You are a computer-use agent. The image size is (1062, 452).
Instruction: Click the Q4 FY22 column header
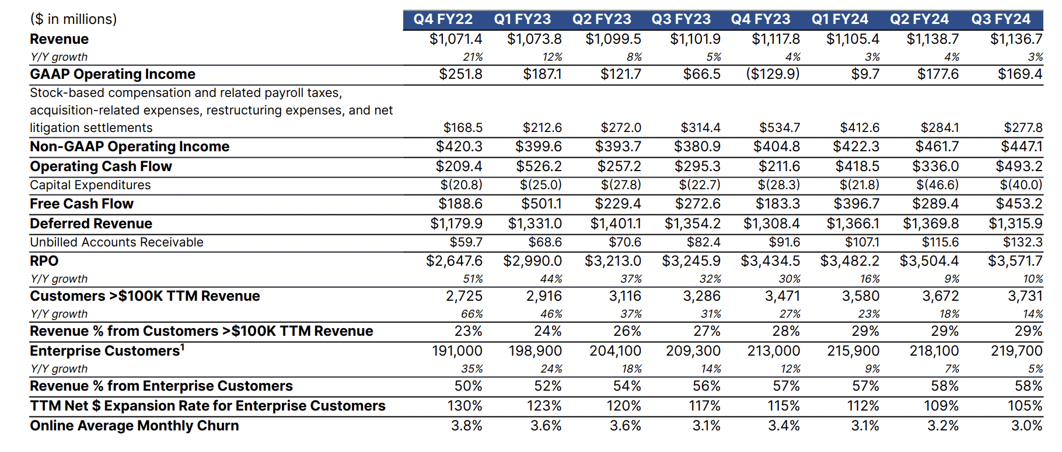point(443,19)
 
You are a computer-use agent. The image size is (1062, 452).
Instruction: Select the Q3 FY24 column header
point(1001,19)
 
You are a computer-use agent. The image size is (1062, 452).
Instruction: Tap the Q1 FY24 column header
point(840,19)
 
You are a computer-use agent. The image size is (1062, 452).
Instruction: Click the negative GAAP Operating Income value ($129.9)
point(773,74)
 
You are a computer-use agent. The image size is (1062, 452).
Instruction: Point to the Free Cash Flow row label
point(82,204)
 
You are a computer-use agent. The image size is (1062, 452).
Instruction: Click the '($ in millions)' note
point(74,19)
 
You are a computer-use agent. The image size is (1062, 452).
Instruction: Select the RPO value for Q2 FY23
point(613,261)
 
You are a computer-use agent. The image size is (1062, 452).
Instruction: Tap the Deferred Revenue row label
point(91,224)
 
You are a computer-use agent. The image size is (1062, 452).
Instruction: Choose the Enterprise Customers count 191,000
point(457,351)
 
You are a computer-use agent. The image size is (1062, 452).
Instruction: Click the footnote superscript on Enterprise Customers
point(183,347)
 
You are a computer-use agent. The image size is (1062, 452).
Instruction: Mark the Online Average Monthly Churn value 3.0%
point(1026,426)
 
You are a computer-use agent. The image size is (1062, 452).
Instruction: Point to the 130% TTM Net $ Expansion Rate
point(464,406)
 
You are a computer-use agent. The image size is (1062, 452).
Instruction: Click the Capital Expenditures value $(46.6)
point(937,185)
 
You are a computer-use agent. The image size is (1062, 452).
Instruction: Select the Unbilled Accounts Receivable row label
point(117,242)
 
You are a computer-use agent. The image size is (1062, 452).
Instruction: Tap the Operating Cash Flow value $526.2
point(539,166)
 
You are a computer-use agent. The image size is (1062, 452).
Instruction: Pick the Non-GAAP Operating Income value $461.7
point(936,147)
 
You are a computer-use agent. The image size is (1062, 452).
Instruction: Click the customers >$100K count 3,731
point(1025,296)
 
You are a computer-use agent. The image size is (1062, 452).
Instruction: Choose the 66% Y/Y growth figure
point(472,314)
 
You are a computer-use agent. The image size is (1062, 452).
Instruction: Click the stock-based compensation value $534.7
point(780,128)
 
